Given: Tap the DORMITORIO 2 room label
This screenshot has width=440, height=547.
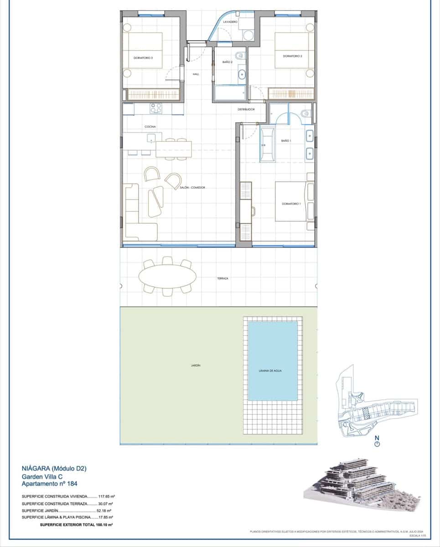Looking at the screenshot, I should click(x=293, y=56).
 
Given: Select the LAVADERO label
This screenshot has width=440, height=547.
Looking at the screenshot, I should click(x=229, y=21).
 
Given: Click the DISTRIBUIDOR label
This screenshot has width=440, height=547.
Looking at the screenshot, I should click(x=245, y=109).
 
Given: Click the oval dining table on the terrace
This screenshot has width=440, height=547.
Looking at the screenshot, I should click(x=167, y=275).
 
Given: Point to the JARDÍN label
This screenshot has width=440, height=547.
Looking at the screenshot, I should click(x=196, y=366).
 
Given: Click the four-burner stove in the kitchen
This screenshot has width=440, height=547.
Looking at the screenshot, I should click(x=156, y=108).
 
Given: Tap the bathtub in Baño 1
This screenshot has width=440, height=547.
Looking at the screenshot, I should click(x=267, y=145).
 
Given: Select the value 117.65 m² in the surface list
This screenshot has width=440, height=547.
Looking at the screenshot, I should click(x=106, y=496).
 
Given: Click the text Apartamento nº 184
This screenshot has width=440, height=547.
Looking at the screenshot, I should click(x=46, y=484).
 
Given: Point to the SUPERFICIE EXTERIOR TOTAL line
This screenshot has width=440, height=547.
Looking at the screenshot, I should click(x=76, y=525).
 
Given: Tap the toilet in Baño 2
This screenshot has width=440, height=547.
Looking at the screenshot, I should click(x=242, y=56).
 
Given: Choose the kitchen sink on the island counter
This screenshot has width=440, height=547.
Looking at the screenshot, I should click(x=151, y=137).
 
